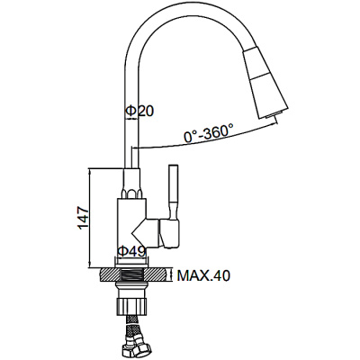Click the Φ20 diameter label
[139, 111]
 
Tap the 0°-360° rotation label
[209, 132]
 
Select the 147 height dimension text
[83, 218]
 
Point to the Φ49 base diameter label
[131, 251]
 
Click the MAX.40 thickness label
[203, 275]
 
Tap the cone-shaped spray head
[265, 83]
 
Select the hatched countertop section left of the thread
[110, 275]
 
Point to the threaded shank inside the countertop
[132, 275]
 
